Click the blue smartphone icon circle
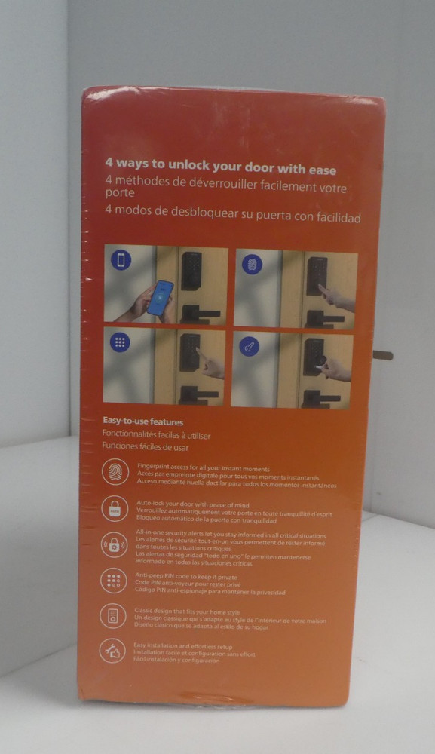click(x=121, y=261)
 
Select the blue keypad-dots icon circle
click(x=120, y=342)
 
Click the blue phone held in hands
click(x=160, y=298)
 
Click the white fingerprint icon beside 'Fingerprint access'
click(x=115, y=473)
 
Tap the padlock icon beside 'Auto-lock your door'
click(x=115, y=508)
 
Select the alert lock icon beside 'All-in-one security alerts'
click(x=115, y=544)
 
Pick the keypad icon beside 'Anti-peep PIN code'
click(x=114, y=580)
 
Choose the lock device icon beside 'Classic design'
click(x=113, y=615)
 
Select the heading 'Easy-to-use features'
click(x=143, y=421)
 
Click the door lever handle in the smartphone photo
click(x=199, y=313)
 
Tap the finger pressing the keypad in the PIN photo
click(x=210, y=366)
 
